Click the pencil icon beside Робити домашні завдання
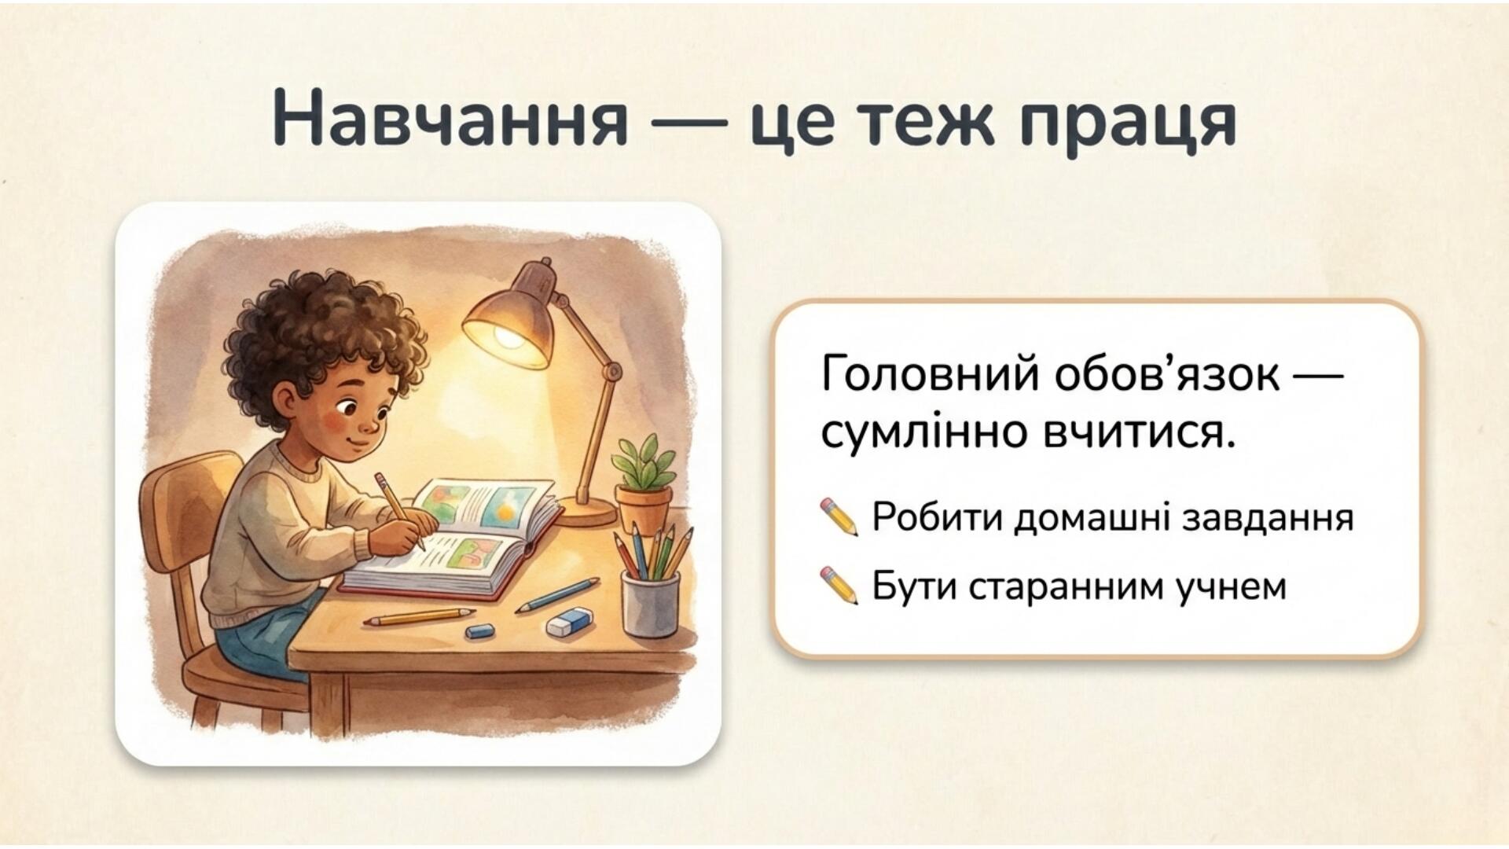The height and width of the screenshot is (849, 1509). coord(839,516)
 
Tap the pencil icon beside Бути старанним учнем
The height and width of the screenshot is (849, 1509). coord(839,586)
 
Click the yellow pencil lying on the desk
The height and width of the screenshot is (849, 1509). coord(418,616)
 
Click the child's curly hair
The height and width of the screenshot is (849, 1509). coord(322,330)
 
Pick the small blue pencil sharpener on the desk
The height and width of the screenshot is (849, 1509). coord(479,630)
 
